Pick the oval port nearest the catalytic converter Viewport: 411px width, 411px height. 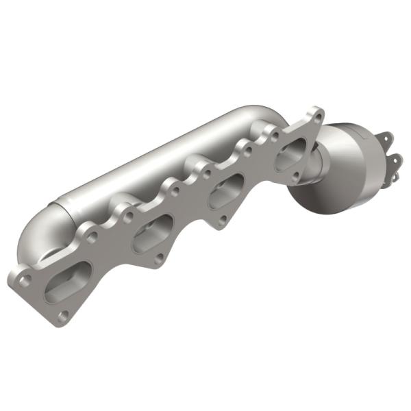[x=292, y=157]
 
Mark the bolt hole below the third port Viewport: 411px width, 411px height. [x=223, y=221]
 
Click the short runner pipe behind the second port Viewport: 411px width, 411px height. [x=134, y=206]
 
